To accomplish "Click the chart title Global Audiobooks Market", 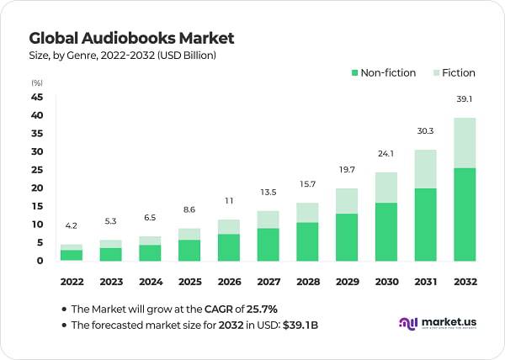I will [x=131, y=38].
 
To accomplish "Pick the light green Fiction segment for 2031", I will [x=426, y=169].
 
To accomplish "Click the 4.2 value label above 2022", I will [x=72, y=225].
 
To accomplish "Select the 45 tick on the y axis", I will [x=37, y=97].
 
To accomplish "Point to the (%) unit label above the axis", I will [x=37, y=82].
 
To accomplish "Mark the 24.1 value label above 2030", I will [x=386, y=153].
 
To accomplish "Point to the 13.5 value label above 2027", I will [x=268, y=192].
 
